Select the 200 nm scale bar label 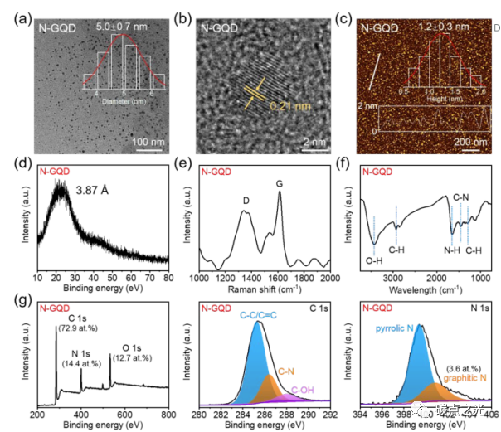471,142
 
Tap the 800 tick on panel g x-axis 168,412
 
